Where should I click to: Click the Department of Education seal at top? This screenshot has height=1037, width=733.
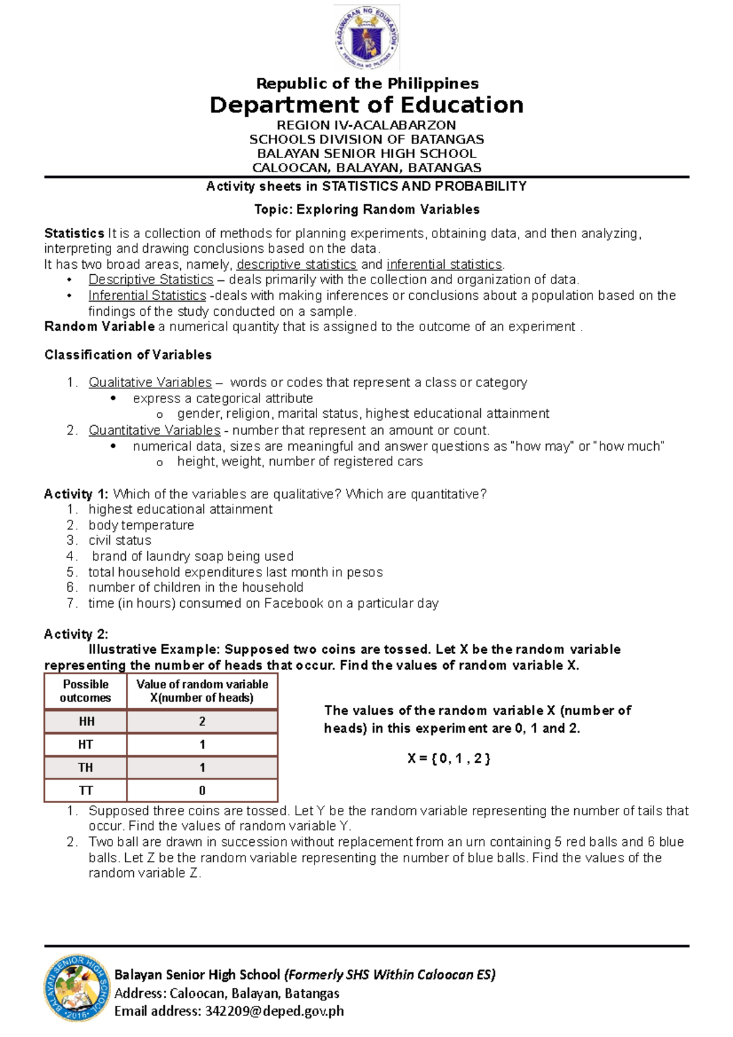point(366,38)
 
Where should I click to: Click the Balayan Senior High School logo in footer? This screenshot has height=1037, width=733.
point(78,988)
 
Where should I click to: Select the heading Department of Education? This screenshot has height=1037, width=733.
point(366,105)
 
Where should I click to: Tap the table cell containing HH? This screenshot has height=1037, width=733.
point(86,721)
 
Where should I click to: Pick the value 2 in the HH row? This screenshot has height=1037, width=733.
point(202,721)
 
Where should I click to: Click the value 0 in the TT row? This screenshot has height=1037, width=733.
point(202,790)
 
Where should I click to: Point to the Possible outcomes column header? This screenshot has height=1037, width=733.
point(86,691)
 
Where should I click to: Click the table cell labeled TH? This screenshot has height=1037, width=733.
point(86,768)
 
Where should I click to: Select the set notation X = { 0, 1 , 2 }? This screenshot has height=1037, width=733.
point(449,759)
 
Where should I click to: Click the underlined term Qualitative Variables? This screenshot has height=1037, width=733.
point(150,382)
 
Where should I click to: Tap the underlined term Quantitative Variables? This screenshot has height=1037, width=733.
point(154,430)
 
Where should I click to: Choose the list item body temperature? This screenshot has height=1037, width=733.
point(141,525)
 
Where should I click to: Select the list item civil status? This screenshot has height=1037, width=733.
point(120,540)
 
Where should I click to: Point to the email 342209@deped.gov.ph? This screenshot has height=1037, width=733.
point(274,1011)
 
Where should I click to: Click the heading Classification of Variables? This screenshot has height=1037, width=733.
point(128,355)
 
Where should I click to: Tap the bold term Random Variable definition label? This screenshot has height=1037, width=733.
point(99,327)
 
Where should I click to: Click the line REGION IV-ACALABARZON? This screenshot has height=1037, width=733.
point(366,125)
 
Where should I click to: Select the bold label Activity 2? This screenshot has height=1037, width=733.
point(76,634)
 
